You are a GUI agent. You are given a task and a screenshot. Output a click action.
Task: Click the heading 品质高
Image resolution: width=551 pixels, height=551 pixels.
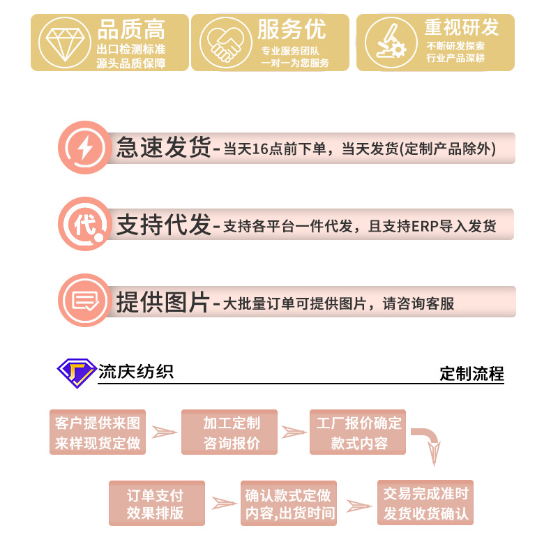tap(131, 30)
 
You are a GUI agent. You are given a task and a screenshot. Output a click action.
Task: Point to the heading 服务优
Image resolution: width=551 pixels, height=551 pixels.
tap(291, 30)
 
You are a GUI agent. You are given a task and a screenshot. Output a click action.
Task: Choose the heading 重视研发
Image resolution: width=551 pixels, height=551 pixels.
tap(462, 28)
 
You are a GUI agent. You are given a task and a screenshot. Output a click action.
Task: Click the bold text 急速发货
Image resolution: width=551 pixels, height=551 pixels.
tap(163, 148)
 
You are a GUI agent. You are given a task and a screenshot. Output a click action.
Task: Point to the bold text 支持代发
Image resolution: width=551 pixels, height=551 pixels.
tap(163, 225)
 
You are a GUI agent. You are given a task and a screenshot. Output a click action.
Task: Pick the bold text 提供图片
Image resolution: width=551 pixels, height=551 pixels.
tap(163, 301)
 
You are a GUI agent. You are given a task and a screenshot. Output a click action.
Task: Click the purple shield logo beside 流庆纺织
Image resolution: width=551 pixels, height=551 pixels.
tap(76, 373)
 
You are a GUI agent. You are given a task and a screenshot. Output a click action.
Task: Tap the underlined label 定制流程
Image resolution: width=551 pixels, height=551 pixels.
tap(471, 374)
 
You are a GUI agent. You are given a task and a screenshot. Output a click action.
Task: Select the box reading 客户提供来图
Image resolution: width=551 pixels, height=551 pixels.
tap(98, 432)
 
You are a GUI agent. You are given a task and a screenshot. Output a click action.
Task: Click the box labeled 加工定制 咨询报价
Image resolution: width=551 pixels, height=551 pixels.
tap(229, 432)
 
